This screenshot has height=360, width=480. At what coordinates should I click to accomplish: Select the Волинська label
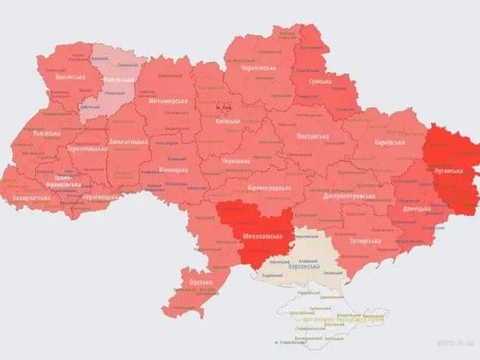click(x=70, y=77)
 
